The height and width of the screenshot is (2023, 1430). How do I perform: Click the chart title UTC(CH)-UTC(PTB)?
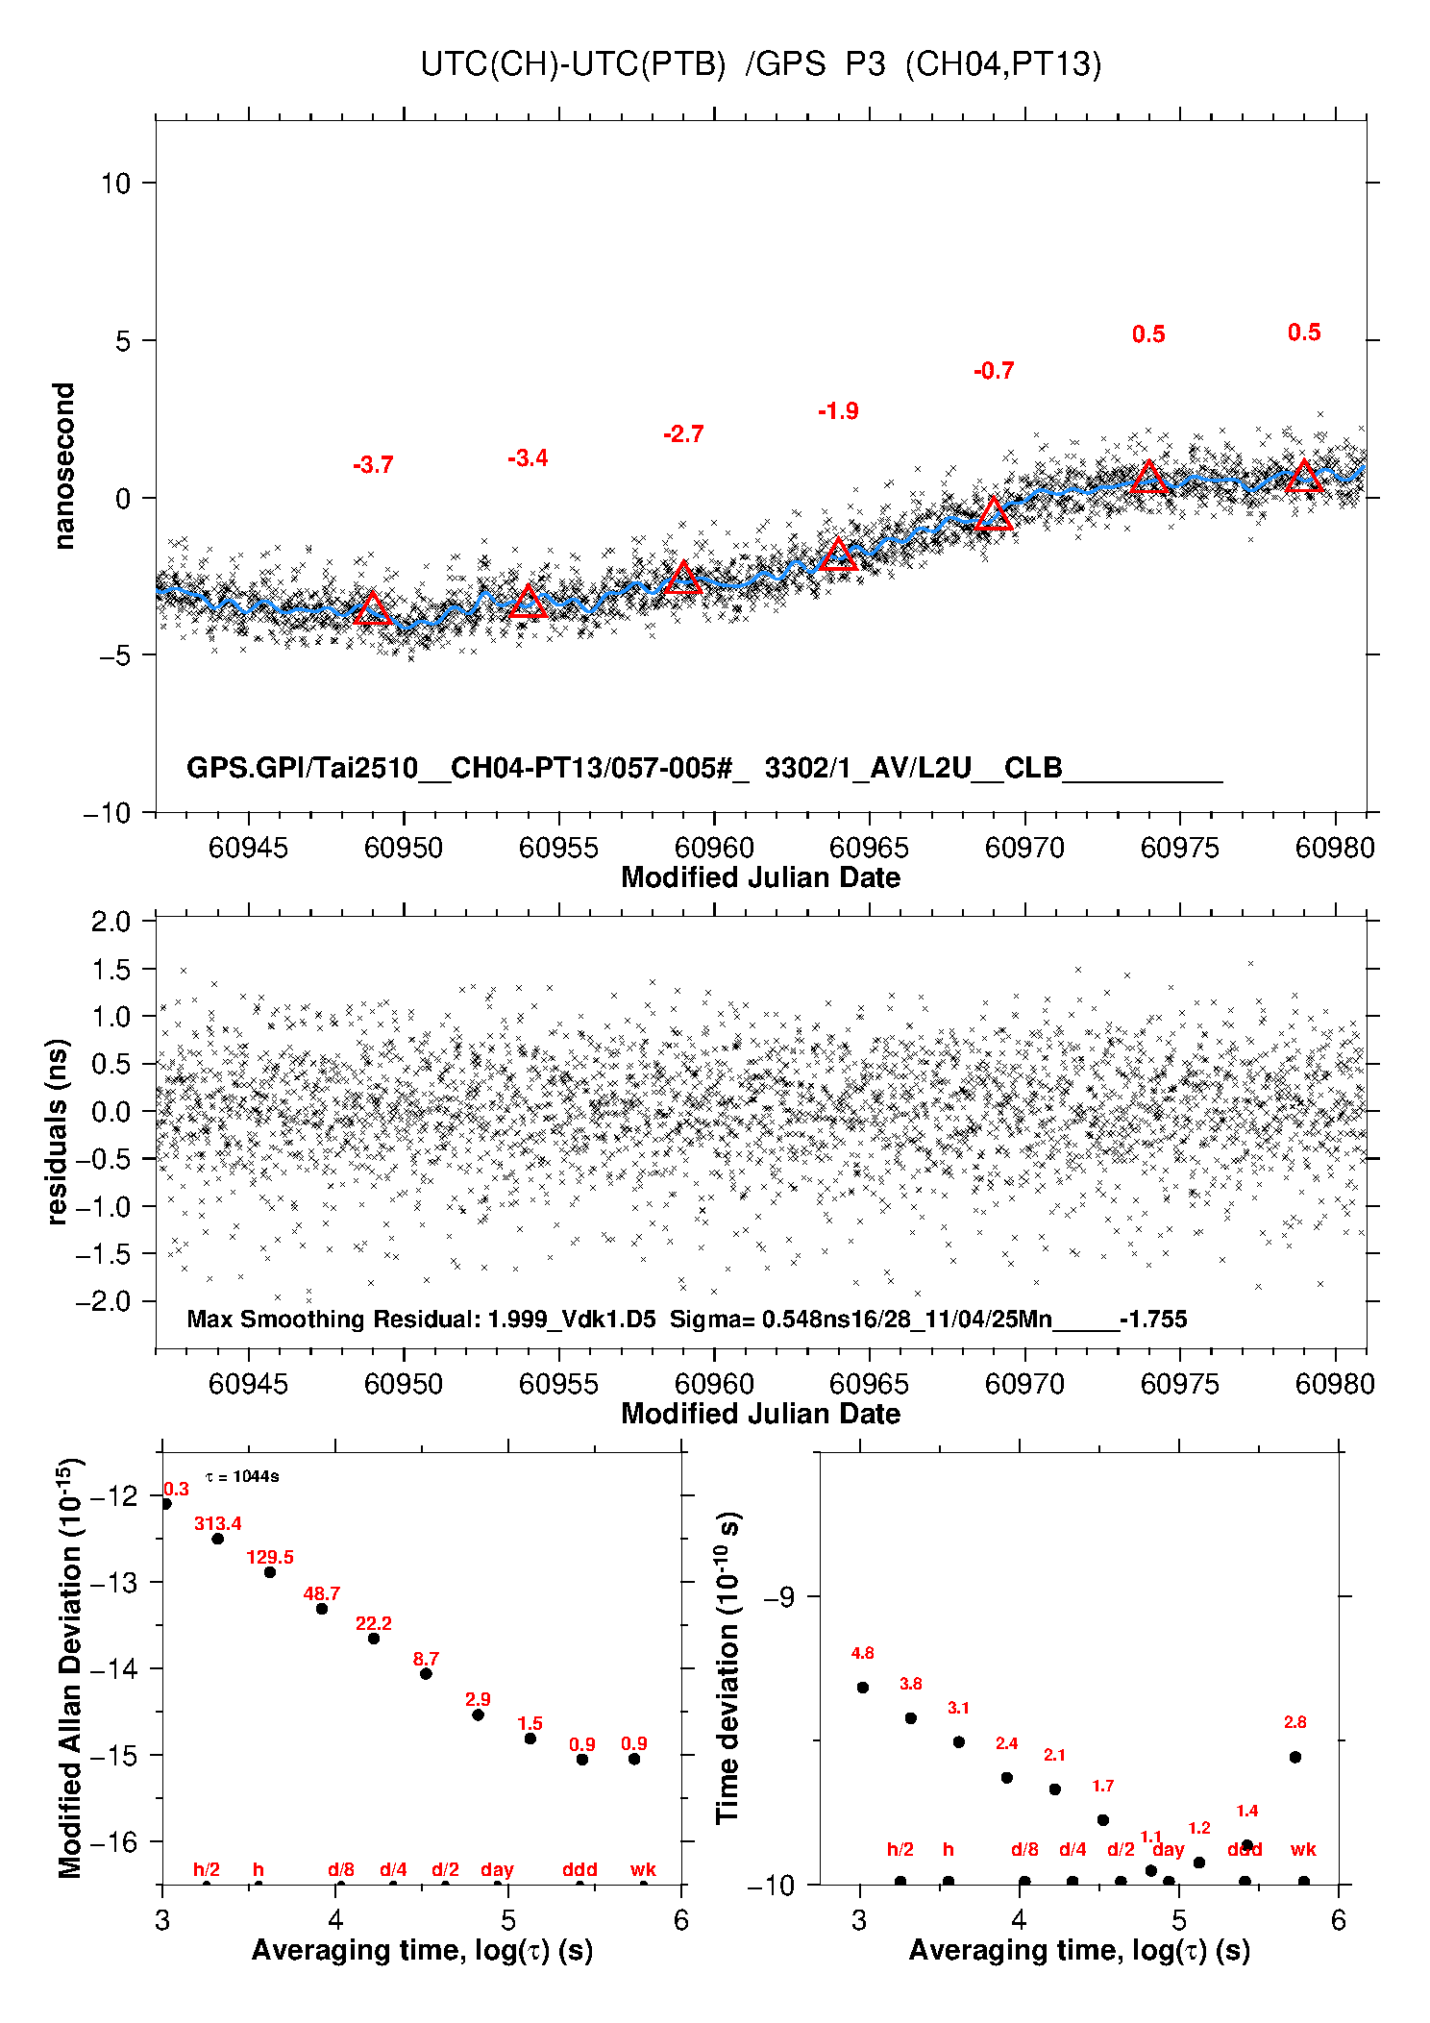573,64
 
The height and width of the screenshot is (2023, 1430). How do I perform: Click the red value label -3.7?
373,465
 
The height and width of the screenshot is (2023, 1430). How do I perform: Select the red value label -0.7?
994,371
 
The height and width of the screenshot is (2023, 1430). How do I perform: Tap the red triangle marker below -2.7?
683,578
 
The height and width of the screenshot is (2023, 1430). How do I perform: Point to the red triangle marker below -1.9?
838,555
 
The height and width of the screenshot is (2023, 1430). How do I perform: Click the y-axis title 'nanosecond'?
64,466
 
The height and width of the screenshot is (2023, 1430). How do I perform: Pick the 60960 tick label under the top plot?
714,848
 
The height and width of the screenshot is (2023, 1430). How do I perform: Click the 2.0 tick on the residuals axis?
111,922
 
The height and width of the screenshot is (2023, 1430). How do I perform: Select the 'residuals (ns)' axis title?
58,1131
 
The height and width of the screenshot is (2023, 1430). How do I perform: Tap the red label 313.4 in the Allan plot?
218,1523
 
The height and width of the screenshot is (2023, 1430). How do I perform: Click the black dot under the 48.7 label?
322,1609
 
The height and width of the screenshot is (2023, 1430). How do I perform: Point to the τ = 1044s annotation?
242,1476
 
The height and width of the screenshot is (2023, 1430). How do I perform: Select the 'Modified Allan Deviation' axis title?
70,1667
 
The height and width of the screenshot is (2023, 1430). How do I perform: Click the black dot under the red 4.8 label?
863,1688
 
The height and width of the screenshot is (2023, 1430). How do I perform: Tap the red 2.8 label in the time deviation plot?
1295,1722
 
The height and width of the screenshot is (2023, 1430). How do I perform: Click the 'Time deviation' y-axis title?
727,1667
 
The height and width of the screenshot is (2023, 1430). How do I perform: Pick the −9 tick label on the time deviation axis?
778,1597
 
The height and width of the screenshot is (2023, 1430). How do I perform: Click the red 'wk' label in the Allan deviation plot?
643,1869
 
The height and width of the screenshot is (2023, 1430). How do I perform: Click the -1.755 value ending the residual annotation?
1153,1319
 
